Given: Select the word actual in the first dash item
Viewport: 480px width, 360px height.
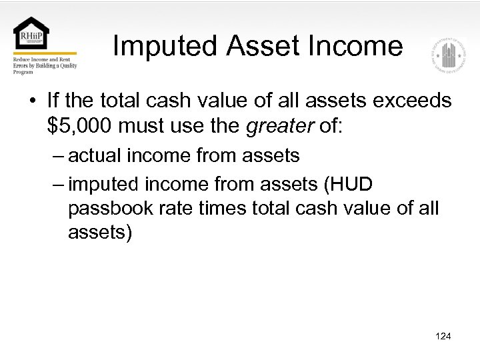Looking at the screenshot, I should click(x=94, y=156).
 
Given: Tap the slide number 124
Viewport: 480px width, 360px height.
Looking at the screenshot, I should click(x=443, y=336).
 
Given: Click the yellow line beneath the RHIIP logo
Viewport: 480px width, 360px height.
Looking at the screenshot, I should click(x=45, y=53).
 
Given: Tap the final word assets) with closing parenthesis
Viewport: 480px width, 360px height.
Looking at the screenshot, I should click(x=100, y=233).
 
